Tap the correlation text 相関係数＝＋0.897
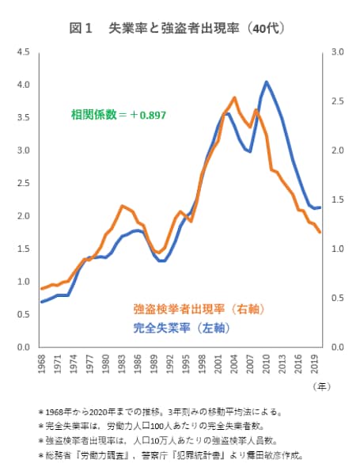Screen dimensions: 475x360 [118, 115]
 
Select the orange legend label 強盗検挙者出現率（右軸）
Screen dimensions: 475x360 [199, 308]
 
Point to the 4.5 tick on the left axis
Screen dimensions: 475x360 [24, 52]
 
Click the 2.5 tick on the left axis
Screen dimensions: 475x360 [24, 183]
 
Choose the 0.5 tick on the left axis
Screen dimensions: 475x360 [24, 314]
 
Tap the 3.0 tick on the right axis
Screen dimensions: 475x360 [338, 52]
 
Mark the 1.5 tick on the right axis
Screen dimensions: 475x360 [338, 199]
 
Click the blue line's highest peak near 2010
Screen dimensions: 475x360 [267, 82]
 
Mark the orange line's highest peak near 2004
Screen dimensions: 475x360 [234, 97]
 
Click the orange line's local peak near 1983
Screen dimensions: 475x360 [122, 206]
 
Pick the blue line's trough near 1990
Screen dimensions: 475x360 [161, 260]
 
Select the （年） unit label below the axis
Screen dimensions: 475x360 [320, 386]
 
